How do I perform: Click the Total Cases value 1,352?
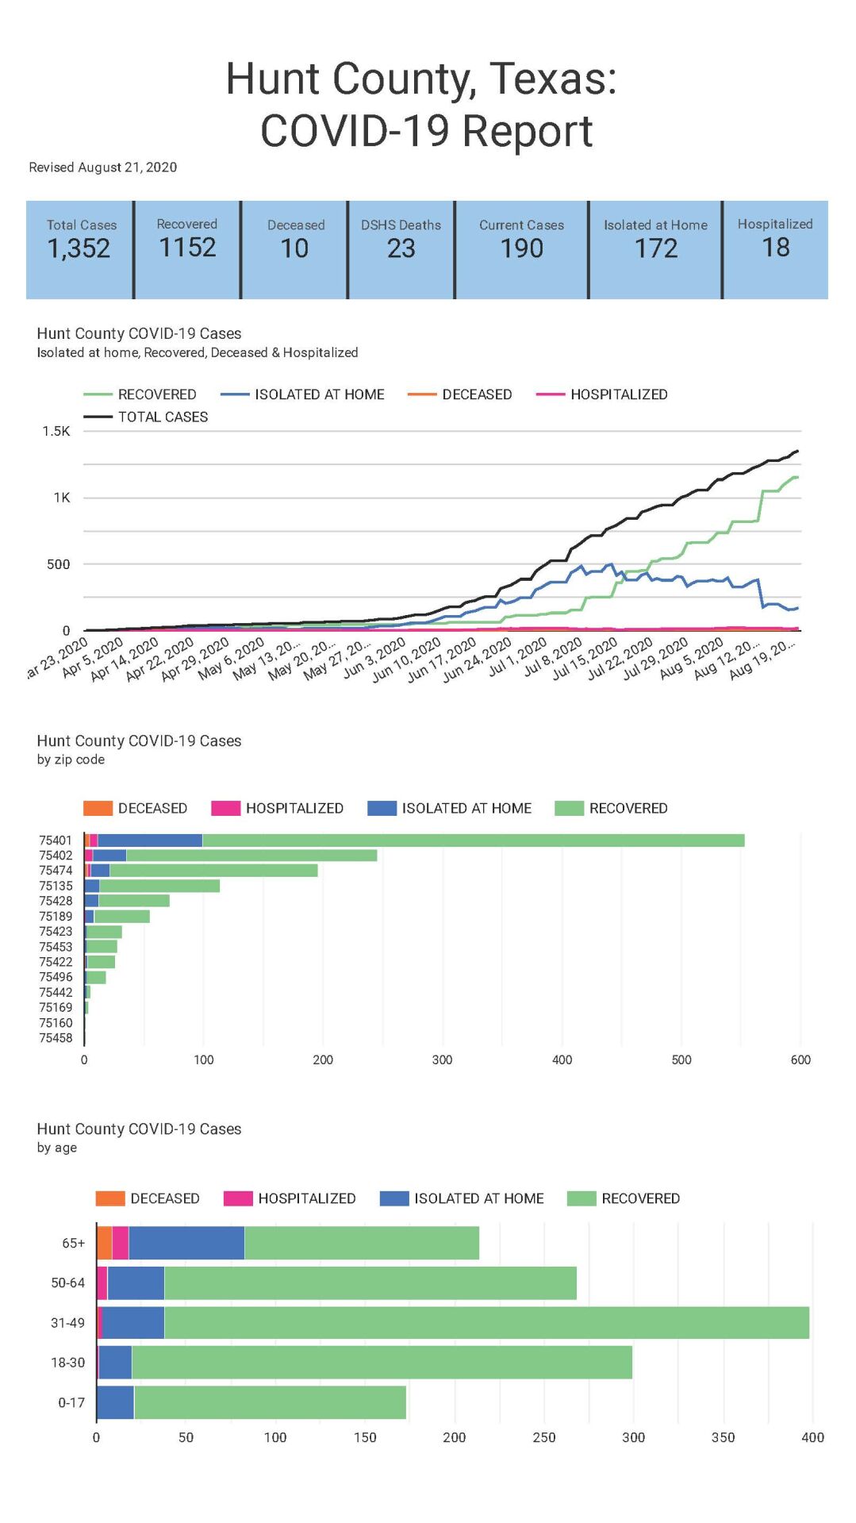point(79,248)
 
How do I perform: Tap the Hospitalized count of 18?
point(775,248)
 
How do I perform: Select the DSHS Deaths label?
point(401,225)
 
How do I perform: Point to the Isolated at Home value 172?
point(656,248)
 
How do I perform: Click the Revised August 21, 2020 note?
point(103,167)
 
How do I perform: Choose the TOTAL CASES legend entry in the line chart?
point(163,417)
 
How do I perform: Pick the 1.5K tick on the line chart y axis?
point(56,431)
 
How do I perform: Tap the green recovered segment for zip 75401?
point(473,840)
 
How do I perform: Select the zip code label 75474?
point(56,871)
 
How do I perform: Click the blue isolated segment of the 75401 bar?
point(150,840)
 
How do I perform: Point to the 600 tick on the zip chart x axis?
point(800,1060)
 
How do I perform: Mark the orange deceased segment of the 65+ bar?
point(104,1243)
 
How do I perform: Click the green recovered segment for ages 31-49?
point(486,1323)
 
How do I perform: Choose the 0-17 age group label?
point(71,1403)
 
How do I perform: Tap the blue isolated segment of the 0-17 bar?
point(115,1403)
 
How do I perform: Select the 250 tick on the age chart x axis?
point(544,1437)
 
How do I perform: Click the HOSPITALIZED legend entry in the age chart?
point(306,1198)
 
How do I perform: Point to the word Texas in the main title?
point(553,79)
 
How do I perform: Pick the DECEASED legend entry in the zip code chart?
point(152,808)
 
